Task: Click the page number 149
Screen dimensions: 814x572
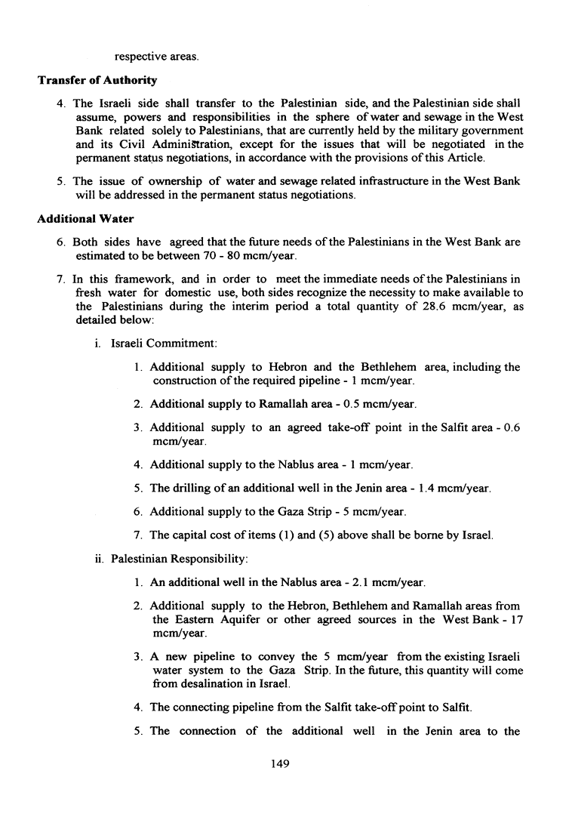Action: pyautogui.click(x=280, y=763)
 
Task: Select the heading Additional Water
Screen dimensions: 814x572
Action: pyautogui.click(x=85, y=218)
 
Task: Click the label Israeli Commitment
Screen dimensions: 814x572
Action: pyautogui.click(x=164, y=344)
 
